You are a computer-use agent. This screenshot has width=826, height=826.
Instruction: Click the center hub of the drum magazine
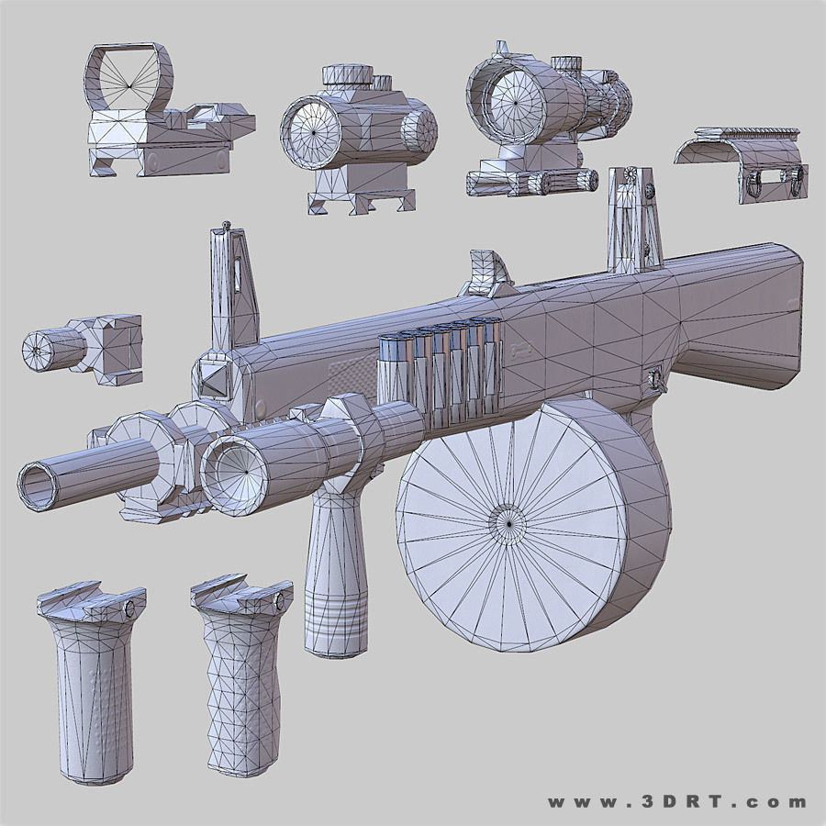click(506, 521)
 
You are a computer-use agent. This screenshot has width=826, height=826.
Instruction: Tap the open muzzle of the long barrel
click(38, 484)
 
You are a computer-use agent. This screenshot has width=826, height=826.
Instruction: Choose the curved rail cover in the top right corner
click(743, 161)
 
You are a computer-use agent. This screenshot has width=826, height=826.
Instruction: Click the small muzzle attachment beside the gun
click(83, 347)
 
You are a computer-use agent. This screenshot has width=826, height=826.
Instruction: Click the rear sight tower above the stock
click(633, 220)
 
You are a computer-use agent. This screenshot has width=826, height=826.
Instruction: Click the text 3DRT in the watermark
click(675, 801)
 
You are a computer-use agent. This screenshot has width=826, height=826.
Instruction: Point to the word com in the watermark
click(780, 801)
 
